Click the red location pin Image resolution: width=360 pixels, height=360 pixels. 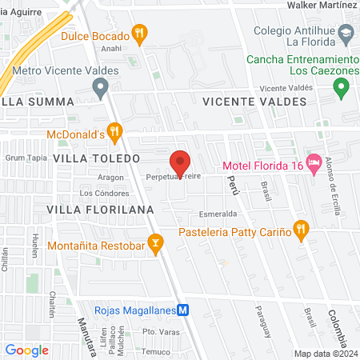click(181, 162)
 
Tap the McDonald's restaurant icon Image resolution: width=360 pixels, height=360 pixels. click(114, 130)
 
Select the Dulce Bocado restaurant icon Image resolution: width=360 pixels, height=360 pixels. click(141, 34)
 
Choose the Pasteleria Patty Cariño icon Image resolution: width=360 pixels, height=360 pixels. click(301, 230)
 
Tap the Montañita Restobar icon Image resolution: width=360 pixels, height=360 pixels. click(156, 242)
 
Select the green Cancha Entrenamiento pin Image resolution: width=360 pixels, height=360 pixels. click(342, 86)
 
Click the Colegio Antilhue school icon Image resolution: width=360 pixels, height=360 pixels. click(346, 33)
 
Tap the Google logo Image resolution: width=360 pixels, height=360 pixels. click(26, 350)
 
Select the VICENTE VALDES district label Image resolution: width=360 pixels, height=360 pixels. click(255, 102)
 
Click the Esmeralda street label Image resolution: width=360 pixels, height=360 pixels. click(218, 214)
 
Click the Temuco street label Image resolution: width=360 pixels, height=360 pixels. click(156, 351)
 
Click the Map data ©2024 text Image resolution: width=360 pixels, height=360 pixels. click(325, 353)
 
